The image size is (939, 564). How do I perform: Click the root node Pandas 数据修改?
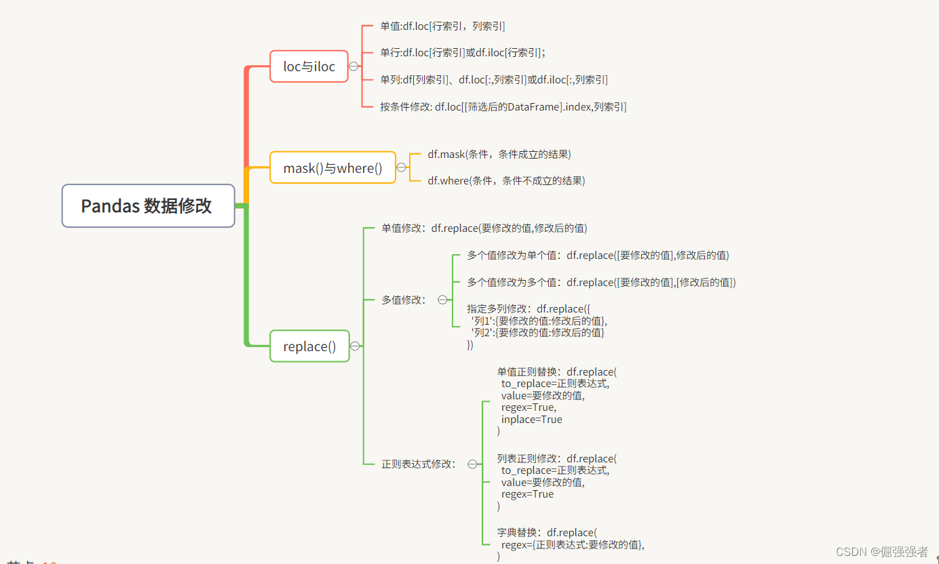pos(148,205)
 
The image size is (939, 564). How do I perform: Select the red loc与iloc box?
pos(309,66)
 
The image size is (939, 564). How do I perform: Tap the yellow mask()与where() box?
pos(332,167)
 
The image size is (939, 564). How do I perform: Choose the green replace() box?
pos(309,346)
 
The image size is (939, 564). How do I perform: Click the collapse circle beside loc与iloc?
pos(353,66)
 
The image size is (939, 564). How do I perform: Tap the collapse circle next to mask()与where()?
pos(401,167)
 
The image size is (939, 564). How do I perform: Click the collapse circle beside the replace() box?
pos(355,346)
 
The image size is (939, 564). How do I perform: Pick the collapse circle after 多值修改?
pos(442,300)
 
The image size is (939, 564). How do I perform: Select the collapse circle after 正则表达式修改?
pos(472,464)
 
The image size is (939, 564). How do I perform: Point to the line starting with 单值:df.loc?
pos(442,26)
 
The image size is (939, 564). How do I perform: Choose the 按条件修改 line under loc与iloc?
pos(503,106)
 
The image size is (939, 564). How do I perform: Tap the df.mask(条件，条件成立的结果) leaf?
pos(499,154)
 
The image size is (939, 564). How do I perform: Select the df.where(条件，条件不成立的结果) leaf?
pos(505,180)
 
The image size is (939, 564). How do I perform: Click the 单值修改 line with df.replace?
pos(484,228)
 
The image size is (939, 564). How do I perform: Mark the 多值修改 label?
pos(404,300)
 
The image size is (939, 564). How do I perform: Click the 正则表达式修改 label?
pos(419,464)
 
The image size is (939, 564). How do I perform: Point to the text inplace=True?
pos(531,420)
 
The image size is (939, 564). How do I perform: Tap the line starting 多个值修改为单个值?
pos(597,256)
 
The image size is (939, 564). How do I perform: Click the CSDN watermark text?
pos(881,552)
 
